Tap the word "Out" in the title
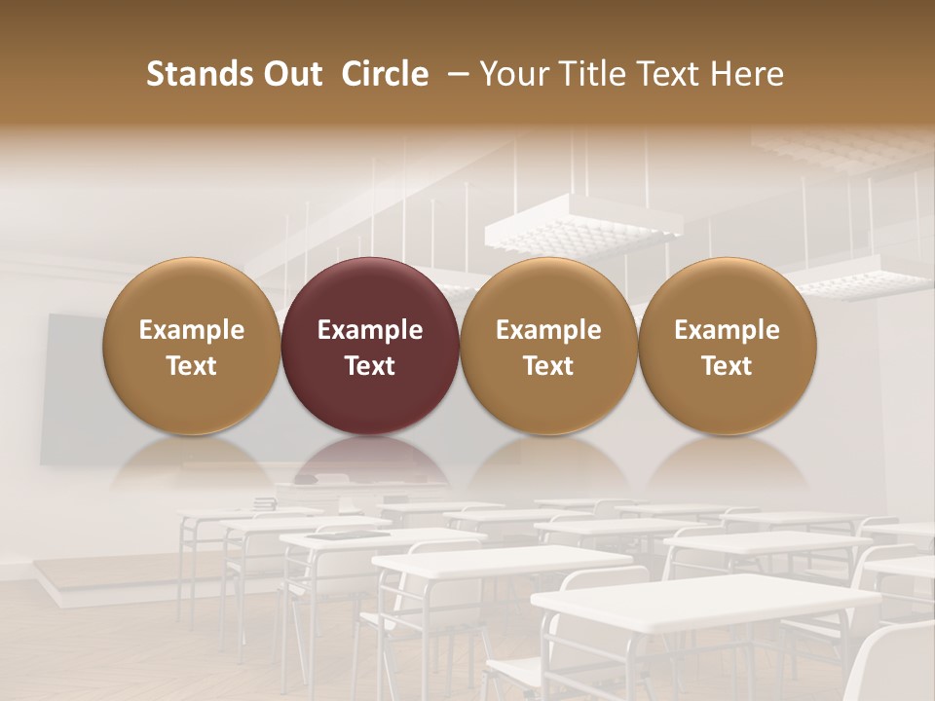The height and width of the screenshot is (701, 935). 291,74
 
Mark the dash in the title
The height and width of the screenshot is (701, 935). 455,74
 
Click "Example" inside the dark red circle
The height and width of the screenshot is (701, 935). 370,330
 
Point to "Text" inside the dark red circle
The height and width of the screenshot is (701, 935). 370,366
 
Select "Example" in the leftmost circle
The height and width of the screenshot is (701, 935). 191,330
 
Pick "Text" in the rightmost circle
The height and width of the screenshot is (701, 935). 727,366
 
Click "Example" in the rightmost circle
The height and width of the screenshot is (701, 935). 727,330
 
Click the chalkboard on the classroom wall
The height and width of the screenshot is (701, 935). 73,389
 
